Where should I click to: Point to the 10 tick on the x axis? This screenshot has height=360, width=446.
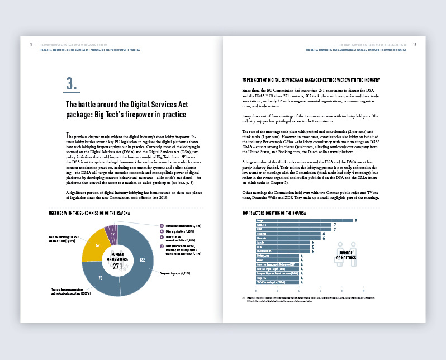(364, 291)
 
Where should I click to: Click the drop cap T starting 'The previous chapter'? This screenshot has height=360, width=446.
(68, 136)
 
